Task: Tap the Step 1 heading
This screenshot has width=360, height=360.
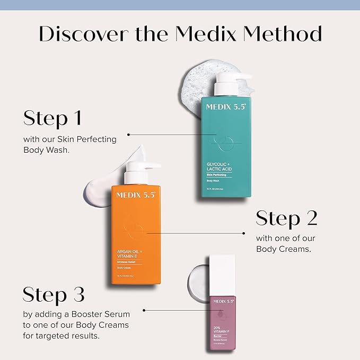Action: (52, 118)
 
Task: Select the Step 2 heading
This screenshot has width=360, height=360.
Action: (286, 218)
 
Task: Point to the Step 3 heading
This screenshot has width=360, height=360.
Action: (54, 294)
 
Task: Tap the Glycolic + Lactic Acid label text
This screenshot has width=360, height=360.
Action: (219, 166)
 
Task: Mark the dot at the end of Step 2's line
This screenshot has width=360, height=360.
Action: (243, 233)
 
